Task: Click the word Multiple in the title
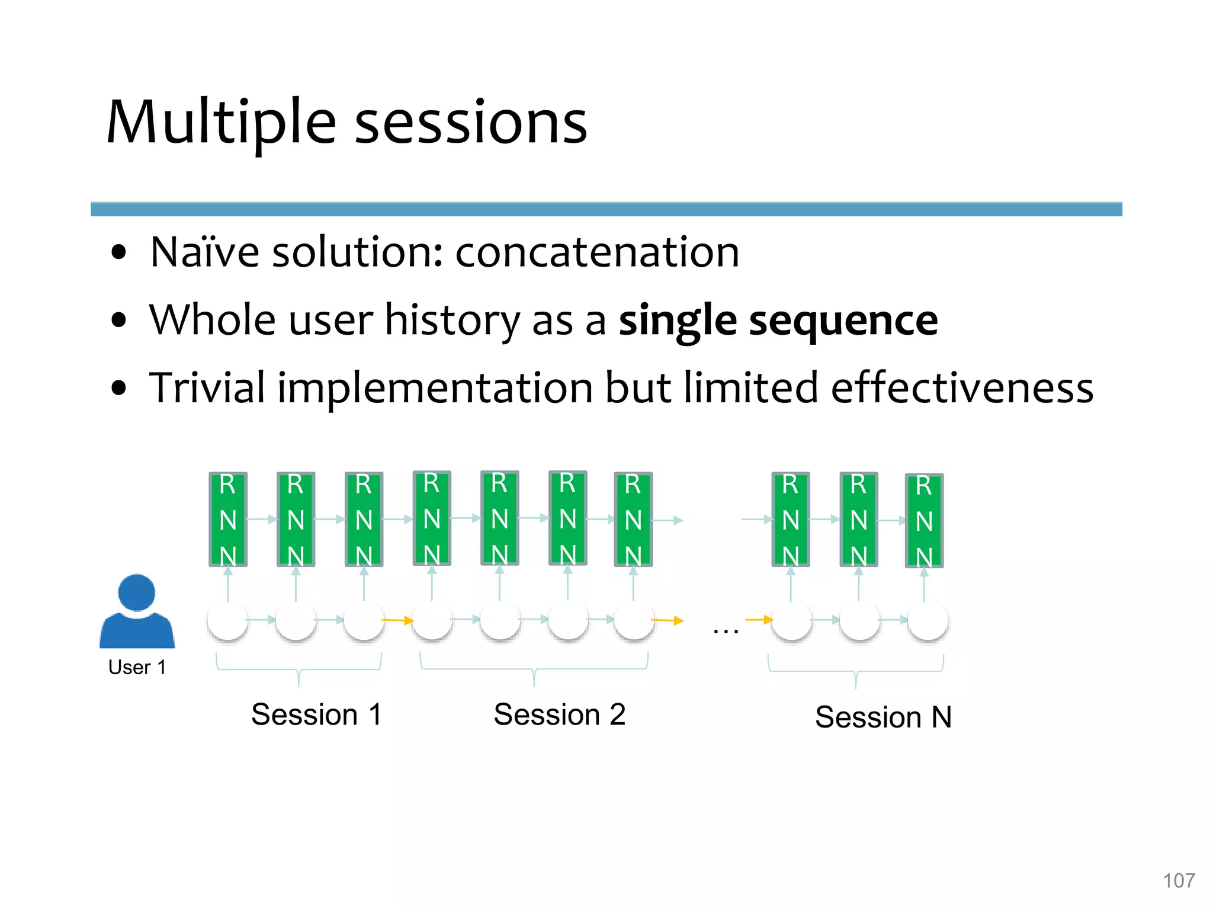221,123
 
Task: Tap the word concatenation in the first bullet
597,252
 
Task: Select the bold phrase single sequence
778,321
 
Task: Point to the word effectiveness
962,388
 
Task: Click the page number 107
1179,880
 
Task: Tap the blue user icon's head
137,592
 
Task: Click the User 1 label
137,667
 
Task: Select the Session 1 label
316,714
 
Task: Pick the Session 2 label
559,714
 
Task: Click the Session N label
883,717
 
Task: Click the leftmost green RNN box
228,519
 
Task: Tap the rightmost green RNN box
924,520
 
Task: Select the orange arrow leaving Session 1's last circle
397,620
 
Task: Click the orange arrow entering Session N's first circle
759,620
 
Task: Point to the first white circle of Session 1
227,620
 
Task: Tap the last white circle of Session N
928,620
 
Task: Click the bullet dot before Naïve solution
119,252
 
